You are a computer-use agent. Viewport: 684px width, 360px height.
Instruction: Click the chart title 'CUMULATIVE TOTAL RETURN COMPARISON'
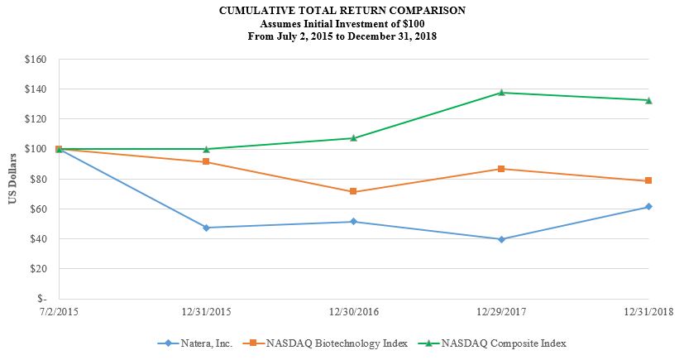[x=342, y=11]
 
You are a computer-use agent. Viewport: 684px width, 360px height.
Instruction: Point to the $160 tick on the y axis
[x=35, y=60]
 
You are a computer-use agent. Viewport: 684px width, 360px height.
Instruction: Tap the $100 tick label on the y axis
[x=35, y=149]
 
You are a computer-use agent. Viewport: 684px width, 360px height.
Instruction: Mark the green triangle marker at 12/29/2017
[x=501, y=93]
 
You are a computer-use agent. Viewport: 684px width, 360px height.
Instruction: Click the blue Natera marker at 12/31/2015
[x=206, y=228]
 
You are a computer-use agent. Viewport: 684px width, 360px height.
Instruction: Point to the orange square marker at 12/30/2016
[x=353, y=191]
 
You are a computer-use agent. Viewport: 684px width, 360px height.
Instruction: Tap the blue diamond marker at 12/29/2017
[x=501, y=239]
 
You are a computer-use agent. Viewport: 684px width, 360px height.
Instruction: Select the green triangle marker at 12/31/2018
[x=648, y=100]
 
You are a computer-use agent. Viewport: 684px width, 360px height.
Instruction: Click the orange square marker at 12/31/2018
[x=648, y=180]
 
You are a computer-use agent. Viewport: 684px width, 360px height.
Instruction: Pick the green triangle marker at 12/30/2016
[x=353, y=138]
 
